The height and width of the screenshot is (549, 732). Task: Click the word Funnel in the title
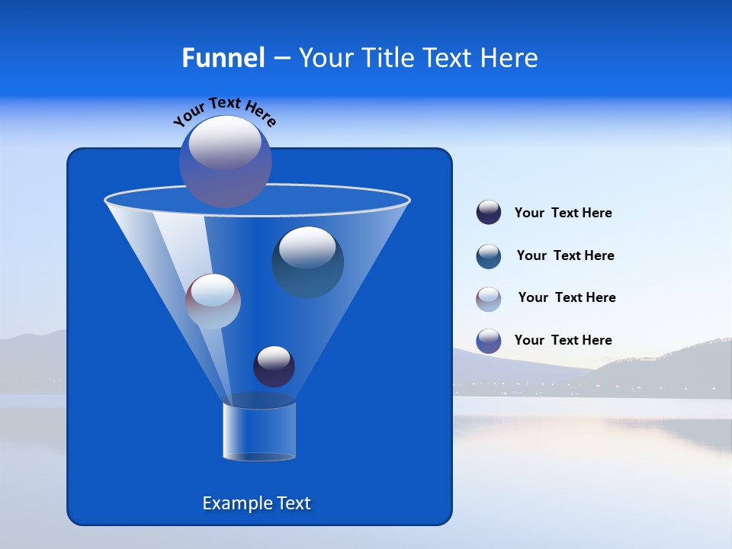223,58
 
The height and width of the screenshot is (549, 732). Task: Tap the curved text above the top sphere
224,111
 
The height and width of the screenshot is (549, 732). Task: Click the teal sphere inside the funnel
308,264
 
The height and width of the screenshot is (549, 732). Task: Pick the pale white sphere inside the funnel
213,301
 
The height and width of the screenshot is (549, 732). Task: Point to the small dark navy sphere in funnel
274,367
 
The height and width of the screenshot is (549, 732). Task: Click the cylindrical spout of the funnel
258,432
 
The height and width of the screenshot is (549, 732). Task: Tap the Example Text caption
256,503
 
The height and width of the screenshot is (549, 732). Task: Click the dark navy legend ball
489,212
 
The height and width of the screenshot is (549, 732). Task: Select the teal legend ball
489,256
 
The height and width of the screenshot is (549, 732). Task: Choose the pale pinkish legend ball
489,299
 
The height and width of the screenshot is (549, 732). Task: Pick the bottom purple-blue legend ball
489,341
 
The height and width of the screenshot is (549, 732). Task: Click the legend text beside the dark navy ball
563,213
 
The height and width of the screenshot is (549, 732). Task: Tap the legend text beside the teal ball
565,256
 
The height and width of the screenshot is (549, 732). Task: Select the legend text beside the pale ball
567,298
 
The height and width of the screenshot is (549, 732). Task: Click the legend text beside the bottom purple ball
563,341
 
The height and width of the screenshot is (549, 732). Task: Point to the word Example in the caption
234,503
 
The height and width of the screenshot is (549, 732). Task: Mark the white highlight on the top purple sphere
225,143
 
